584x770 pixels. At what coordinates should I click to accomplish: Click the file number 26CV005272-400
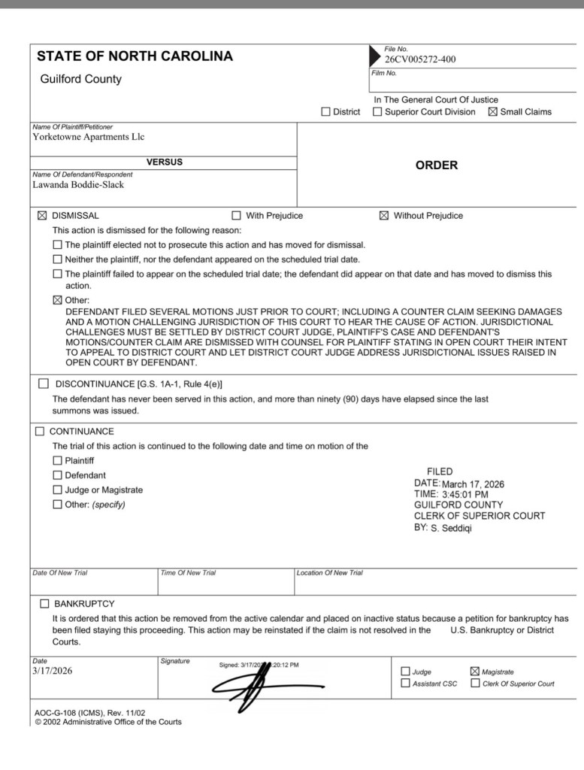[420, 59]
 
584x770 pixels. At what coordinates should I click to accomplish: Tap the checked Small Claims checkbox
[493, 112]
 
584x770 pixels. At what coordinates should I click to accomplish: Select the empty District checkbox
[325, 112]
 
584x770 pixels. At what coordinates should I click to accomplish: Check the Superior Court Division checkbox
[377, 112]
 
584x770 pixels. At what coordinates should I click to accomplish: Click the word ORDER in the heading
[436, 165]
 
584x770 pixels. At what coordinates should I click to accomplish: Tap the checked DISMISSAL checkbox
[42, 216]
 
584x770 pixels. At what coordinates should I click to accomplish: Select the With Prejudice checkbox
[237, 216]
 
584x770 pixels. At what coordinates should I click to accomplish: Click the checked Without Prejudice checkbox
[384, 216]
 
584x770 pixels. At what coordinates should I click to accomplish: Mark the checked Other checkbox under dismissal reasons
[58, 300]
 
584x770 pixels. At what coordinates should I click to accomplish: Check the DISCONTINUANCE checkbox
[44, 384]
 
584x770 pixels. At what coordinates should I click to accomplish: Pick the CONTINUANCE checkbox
[40, 432]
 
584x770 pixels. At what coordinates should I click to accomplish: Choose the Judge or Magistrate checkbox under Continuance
[58, 490]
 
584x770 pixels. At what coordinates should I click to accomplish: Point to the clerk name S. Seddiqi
[452, 528]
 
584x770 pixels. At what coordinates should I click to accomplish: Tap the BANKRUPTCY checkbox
[44, 604]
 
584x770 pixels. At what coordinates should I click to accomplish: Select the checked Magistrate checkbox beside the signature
[474, 671]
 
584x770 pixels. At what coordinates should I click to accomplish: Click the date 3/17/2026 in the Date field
[53, 671]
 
